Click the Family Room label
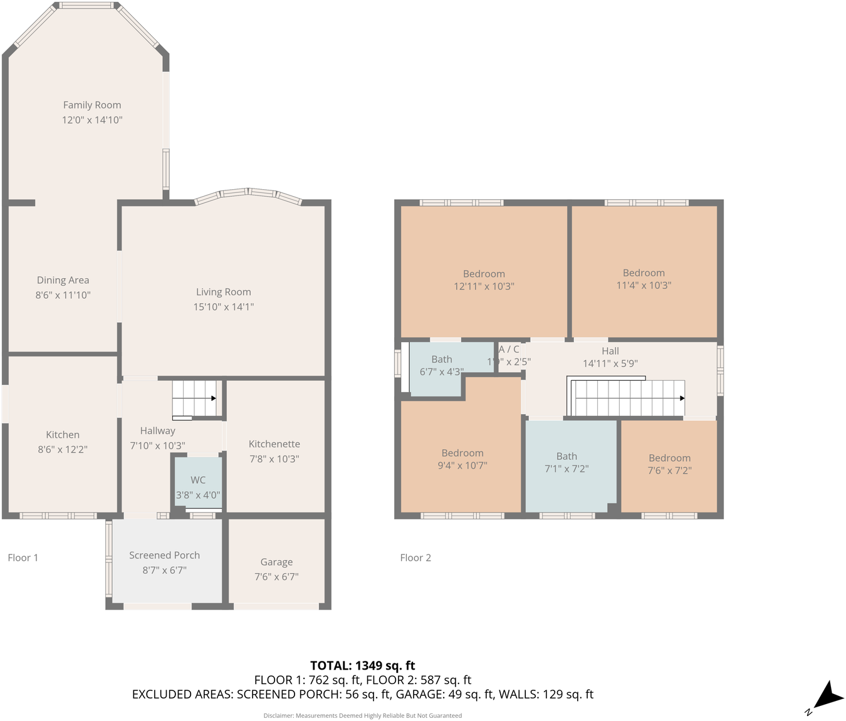(x=92, y=105)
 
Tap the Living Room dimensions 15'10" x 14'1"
(x=224, y=307)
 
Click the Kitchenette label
(x=274, y=444)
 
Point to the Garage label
(x=276, y=563)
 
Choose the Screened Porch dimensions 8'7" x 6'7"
(x=164, y=571)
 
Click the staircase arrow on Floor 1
(x=213, y=398)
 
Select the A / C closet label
(x=509, y=350)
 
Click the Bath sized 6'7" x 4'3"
(x=442, y=365)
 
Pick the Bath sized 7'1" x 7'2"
(x=567, y=462)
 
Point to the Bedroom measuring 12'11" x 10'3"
(x=484, y=279)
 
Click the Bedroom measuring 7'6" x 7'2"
(x=669, y=464)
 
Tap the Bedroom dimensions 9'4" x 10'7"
(x=462, y=466)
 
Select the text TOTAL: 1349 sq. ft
(x=363, y=666)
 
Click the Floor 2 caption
(x=415, y=558)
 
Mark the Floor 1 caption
(x=23, y=558)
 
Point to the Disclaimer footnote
(x=363, y=715)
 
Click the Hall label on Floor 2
(x=610, y=351)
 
